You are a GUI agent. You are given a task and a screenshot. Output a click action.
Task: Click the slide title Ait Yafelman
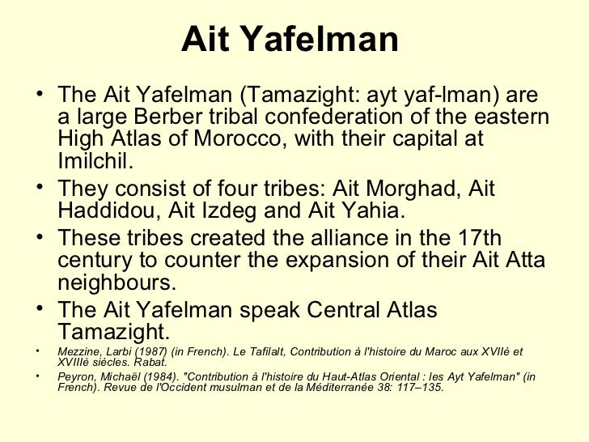click(x=290, y=39)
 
